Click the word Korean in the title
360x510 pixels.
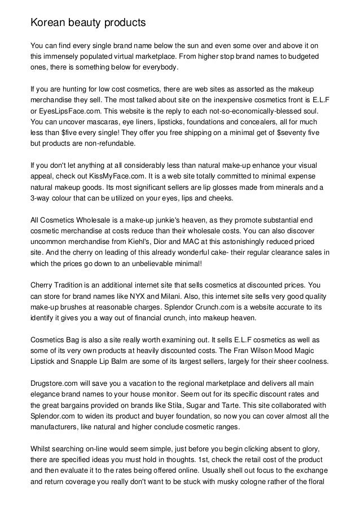click(47, 23)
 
